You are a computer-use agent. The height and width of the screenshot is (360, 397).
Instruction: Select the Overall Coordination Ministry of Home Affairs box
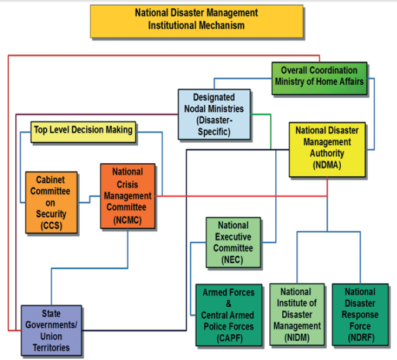coord(319,76)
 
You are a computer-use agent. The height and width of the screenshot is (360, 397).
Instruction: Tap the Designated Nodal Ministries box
coord(214,114)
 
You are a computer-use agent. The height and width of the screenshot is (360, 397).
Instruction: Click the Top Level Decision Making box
coord(83,130)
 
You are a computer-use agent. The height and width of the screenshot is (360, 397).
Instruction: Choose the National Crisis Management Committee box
coord(128,196)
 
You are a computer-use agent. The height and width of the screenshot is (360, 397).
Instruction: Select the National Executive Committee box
coord(232,242)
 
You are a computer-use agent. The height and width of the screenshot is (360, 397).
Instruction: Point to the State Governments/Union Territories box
coord(51,331)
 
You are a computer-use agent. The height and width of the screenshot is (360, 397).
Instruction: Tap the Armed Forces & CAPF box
coord(228,314)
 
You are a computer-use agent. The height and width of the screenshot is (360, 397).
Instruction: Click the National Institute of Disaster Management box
coord(296,314)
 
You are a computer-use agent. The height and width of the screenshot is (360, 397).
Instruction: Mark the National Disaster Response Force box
coord(360,314)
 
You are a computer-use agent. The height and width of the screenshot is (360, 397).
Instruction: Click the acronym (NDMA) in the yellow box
coord(327,165)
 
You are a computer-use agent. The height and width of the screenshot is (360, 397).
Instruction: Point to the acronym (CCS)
coord(52,226)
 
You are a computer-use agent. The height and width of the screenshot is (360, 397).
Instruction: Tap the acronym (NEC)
coord(232,260)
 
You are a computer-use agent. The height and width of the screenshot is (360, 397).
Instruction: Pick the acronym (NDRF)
coord(360,337)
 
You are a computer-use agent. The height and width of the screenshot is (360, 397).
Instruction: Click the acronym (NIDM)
coord(296,337)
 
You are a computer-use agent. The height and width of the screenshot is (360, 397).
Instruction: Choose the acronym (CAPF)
coord(228,338)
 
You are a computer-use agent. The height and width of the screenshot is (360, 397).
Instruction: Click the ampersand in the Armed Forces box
coord(228,304)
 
